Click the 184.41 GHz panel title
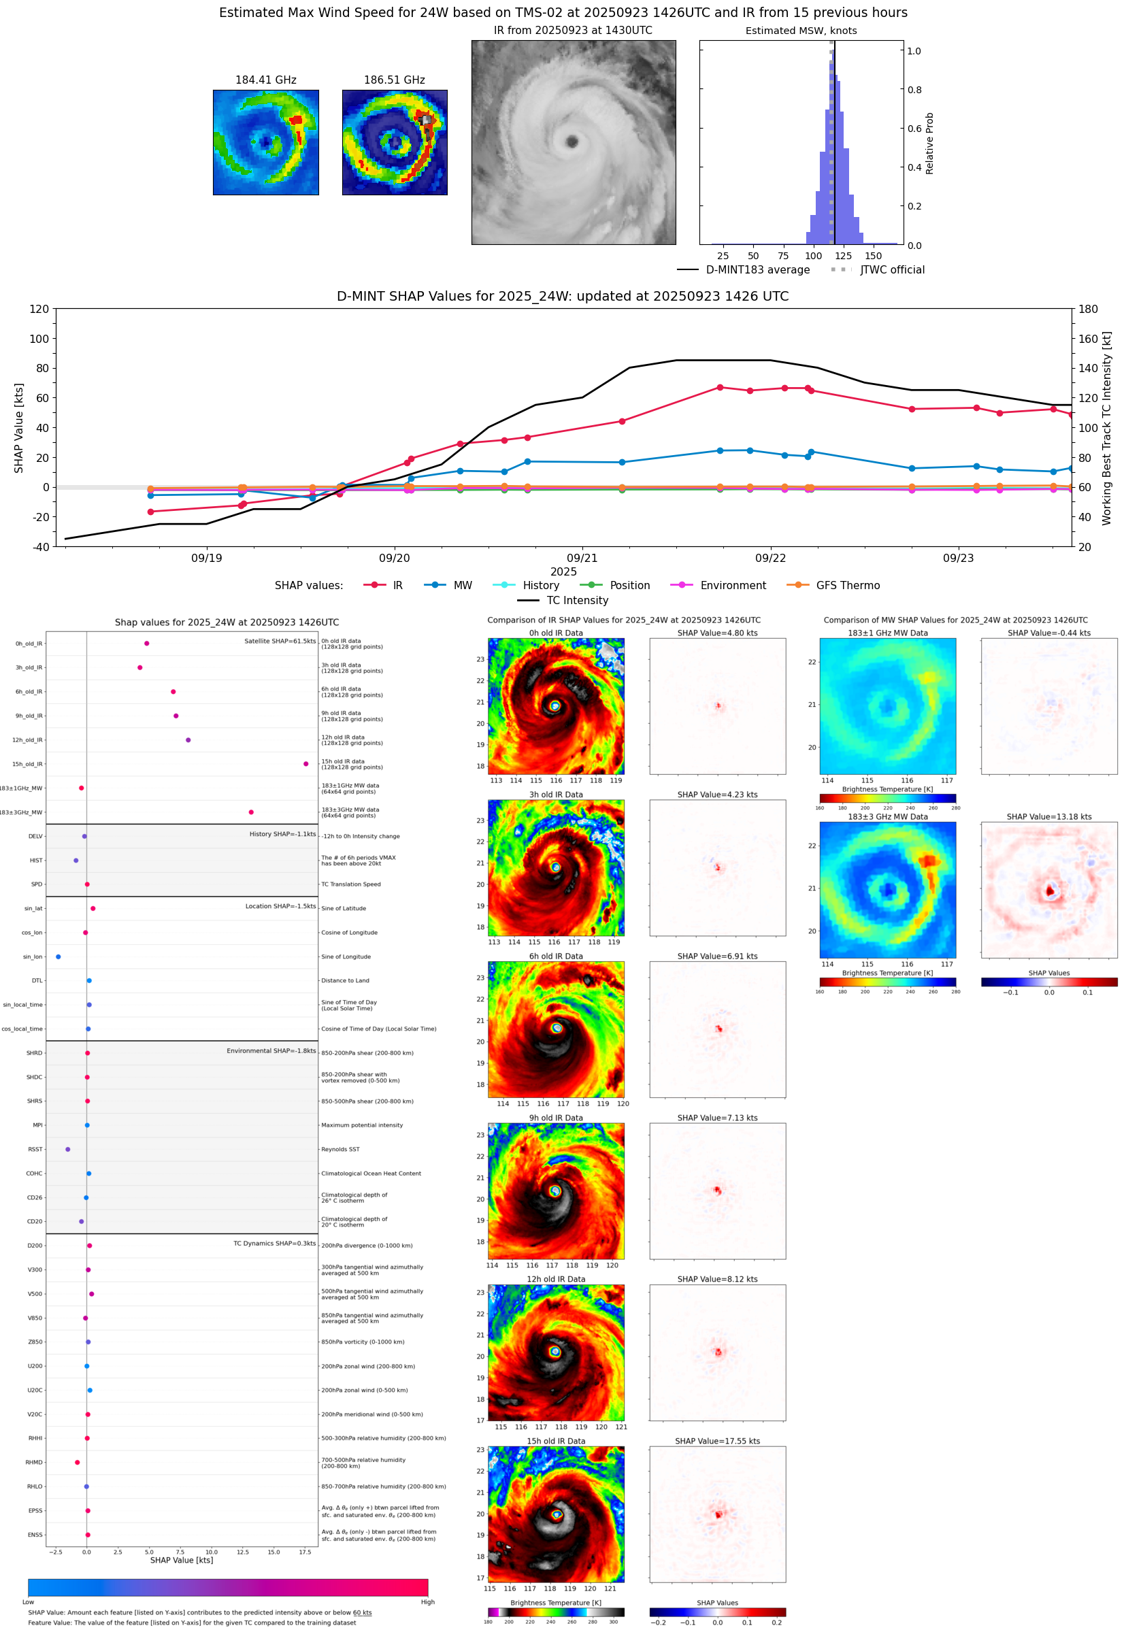click(x=265, y=80)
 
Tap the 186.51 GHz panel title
click(x=395, y=80)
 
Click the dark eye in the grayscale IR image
click(x=572, y=142)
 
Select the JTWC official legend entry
click(x=892, y=270)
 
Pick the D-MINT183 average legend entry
click(x=757, y=270)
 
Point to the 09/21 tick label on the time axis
click(x=582, y=558)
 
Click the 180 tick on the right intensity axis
click(x=1088, y=309)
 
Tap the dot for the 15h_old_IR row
click(x=305, y=764)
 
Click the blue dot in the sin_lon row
click(x=59, y=957)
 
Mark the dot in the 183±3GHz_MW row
click(x=251, y=812)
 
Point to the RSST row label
click(x=35, y=1149)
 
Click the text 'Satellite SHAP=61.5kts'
click(x=280, y=641)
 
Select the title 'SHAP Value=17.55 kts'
click(x=717, y=1441)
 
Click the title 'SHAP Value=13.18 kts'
click(x=1048, y=817)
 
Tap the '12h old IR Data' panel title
click(x=556, y=1279)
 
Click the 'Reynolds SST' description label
click(x=340, y=1149)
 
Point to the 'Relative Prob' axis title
click(x=929, y=143)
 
